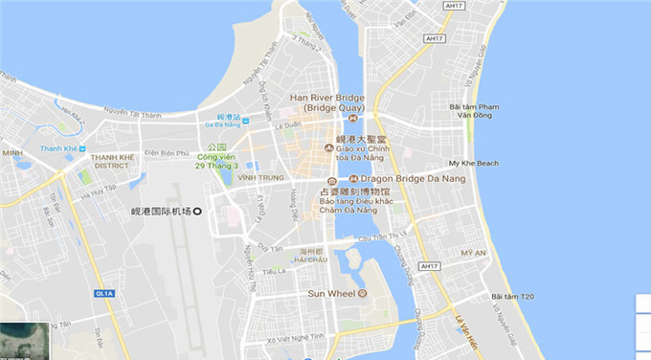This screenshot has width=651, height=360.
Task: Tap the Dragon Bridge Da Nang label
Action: pos(397,178)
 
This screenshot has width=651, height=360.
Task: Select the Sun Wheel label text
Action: pos(330,292)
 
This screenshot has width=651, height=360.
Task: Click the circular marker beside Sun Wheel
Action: pos(363,293)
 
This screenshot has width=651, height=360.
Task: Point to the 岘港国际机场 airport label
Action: pos(161,211)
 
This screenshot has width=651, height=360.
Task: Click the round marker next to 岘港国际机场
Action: pos(198,211)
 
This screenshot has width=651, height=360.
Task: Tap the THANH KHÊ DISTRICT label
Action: pos(114,163)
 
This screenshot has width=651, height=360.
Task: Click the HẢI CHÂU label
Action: pos(312,259)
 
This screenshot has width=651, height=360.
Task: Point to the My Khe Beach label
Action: pos(473,164)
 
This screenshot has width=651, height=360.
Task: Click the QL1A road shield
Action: pos(103,293)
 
